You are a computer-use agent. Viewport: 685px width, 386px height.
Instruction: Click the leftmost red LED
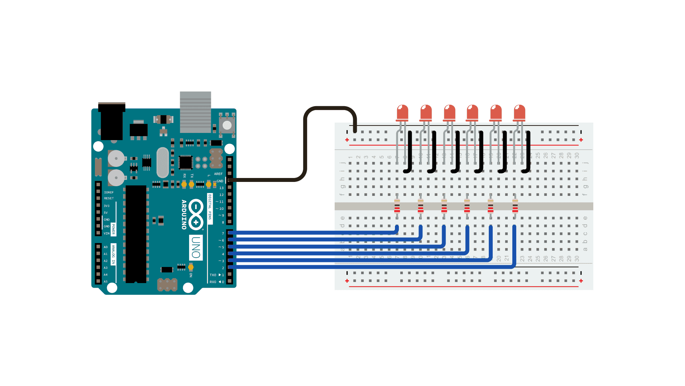click(402, 113)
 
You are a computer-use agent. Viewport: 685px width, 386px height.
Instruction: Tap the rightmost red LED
click(519, 113)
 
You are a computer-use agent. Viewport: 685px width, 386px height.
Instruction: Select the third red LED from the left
click(450, 113)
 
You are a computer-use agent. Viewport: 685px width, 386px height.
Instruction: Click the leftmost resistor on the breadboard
click(397, 206)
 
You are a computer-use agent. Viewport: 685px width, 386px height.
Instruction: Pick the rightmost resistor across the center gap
click(515, 206)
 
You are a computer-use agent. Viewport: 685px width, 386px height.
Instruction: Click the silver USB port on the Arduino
click(195, 112)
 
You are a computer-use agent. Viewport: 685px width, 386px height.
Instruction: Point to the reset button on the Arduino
click(227, 125)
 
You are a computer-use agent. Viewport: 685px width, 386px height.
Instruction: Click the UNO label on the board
click(196, 247)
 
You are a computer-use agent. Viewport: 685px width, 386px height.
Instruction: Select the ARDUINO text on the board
click(184, 214)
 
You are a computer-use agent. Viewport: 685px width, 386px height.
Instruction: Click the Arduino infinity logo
click(196, 214)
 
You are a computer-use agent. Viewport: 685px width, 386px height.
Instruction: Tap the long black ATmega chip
click(136, 234)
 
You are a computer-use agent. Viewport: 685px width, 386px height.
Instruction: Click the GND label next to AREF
click(220, 181)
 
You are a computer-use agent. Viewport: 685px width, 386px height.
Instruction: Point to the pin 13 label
click(221, 188)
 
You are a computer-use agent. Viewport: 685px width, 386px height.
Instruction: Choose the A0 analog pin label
click(106, 247)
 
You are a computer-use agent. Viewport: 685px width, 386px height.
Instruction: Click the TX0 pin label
click(213, 275)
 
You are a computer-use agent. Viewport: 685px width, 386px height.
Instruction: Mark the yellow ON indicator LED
click(191, 267)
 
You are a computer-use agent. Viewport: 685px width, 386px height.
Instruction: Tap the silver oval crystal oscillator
click(162, 162)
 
